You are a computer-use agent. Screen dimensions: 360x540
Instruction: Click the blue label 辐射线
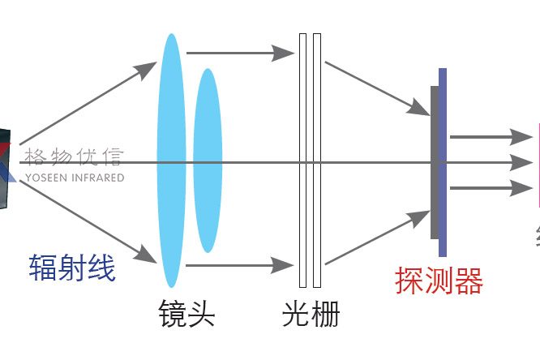point(72,268)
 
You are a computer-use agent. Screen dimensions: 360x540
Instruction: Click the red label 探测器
point(439,281)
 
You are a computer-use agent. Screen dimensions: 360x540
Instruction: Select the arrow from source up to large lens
point(89,104)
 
